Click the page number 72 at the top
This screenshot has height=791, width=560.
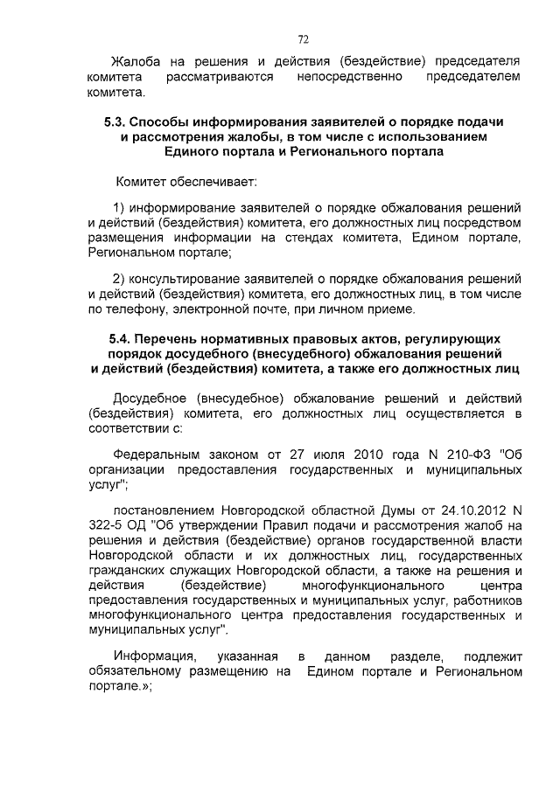[x=303, y=39]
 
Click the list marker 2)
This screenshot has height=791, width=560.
[x=122, y=279]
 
